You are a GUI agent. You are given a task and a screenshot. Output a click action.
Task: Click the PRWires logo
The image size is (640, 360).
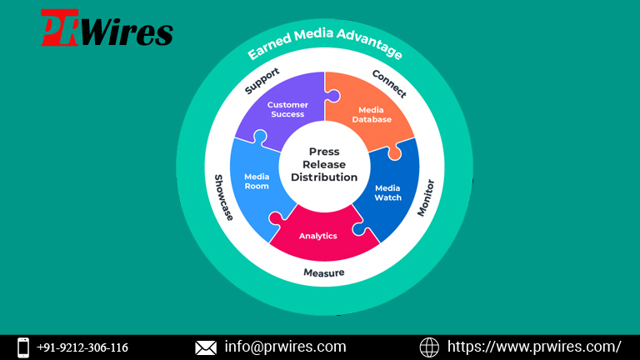[x=107, y=27]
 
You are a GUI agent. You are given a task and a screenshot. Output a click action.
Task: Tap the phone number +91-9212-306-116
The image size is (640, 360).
[x=82, y=347]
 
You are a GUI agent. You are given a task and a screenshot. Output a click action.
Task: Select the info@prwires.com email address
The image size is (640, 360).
[x=285, y=347]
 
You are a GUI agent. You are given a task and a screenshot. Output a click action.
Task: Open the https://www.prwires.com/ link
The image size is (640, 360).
[x=534, y=347]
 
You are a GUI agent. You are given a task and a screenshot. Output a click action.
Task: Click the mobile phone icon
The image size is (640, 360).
[x=23, y=347]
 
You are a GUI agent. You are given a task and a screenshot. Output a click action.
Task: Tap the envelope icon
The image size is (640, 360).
[x=206, y=347]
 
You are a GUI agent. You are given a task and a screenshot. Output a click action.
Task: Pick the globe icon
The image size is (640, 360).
[x=429, y=347]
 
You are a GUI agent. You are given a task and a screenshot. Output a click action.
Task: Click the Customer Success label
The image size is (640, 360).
[x=287, y=109]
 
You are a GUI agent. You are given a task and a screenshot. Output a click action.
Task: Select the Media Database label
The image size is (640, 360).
[x=372, y=115]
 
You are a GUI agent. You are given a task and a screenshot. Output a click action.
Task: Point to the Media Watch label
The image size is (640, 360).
[x=387, y=192]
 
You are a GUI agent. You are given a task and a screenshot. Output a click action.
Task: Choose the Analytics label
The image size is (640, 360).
[x=318, y=236]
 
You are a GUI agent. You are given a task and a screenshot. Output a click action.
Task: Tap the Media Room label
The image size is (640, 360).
[x=257, y=181]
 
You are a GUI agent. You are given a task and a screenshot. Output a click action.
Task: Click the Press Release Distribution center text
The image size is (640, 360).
[x=324, y=164]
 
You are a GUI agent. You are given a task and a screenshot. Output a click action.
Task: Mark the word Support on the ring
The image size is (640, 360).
[x=262, y=81]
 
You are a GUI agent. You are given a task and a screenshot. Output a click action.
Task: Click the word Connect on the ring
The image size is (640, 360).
[x=389, y=84]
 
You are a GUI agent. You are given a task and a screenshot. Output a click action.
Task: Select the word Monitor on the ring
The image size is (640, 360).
[x=426, y=197]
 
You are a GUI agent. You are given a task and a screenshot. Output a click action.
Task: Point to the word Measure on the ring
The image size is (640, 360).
[x=323, y=272]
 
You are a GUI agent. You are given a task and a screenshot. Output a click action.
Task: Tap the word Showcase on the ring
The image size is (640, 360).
[x=224, y=197]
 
